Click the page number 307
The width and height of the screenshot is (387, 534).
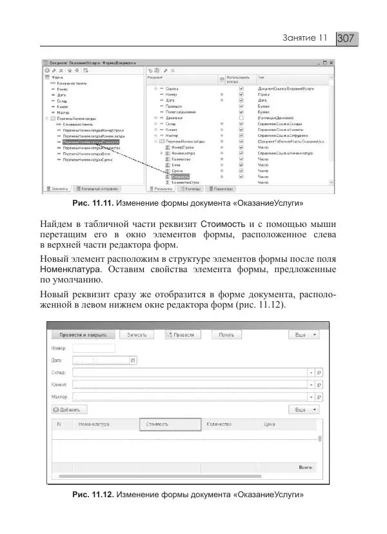(x=346, y=39)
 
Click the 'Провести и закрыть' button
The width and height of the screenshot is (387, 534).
(x=83, y=335)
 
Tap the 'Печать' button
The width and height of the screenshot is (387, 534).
(x=226, y=335)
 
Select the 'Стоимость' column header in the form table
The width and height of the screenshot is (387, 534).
(x=157, y=425)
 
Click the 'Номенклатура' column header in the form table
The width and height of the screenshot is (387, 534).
(x=94, y=425)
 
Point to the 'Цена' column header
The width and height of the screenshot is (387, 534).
(x=270, y=425)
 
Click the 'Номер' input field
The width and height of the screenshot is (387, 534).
(x=94, y=348)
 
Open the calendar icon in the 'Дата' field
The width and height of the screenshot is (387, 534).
(x=133, y=361)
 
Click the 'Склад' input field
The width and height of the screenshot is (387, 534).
(x=190, y=373)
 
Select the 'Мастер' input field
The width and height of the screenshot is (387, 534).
(x=190, y=397)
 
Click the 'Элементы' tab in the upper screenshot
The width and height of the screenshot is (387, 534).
(x=58, y=189)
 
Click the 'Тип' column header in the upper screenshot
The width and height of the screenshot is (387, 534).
(x=261, y=77)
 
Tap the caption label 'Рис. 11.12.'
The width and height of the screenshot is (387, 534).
(x=94, y=495)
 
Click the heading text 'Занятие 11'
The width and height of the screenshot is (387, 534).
(x=306, y=39)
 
